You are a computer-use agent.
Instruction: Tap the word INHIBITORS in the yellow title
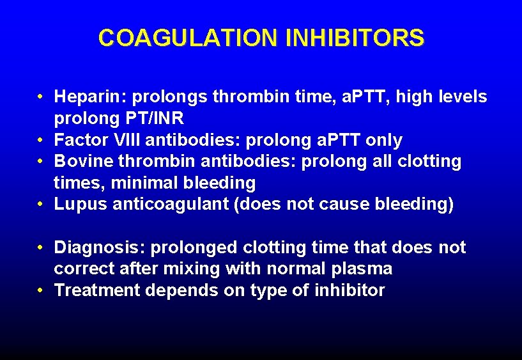355,38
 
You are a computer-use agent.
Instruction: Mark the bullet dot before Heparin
40,97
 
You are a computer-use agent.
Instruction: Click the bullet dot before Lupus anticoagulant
40,205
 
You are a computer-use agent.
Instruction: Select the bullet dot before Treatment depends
40,290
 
